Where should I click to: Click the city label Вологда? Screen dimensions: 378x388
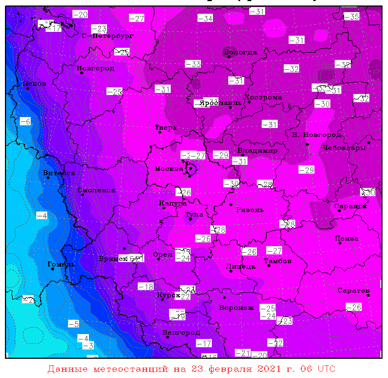(240, 52)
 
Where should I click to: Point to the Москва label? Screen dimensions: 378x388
(169, 169)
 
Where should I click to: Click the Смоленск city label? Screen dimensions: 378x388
(97, 190)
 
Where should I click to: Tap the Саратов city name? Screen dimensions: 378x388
(353, 290)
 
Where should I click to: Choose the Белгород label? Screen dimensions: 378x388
(181, 332)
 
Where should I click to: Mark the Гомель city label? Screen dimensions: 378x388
(61, 264)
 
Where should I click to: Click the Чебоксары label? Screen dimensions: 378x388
(344, 148)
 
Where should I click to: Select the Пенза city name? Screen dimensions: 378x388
(347, 238)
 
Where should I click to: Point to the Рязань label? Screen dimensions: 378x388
(250, 209)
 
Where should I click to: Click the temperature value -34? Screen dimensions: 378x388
(205, 18)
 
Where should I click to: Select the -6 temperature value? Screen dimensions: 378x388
(25, 121)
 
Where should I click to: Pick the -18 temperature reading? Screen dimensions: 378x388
(145, 286)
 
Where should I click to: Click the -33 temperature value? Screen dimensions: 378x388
(193, 64)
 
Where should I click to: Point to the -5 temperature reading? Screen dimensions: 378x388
(74, 324)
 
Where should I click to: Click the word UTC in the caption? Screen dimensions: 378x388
(327, 368)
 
